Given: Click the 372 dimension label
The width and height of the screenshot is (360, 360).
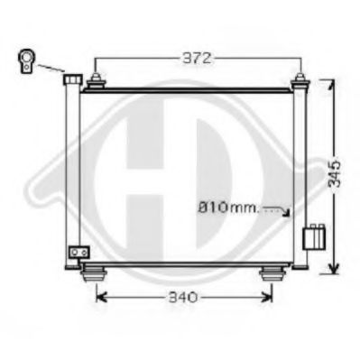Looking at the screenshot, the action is pos(198,59).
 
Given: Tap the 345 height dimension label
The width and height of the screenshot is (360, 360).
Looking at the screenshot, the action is pos(335,173).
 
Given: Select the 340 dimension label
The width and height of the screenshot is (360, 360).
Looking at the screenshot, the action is pos(182,298).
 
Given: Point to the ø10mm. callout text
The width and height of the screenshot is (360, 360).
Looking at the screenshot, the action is pos(228,208).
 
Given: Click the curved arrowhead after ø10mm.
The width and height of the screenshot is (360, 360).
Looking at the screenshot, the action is pos(287,213).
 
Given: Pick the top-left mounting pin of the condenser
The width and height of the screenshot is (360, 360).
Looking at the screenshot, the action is pos(96,81).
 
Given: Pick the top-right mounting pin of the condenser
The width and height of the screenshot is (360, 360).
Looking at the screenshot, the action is pos(300,81).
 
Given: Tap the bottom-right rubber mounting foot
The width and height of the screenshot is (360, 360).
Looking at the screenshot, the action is pos(272,273).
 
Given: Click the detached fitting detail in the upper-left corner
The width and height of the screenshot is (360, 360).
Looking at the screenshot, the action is pos(27,61).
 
